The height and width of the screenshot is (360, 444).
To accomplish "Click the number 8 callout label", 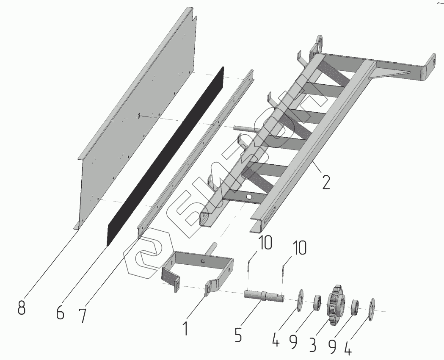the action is click(22, 307).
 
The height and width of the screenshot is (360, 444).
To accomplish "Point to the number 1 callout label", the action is click(185, 328).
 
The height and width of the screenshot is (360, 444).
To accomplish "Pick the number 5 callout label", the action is click(238, 335).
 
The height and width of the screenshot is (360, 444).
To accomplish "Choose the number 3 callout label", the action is click(312, 344).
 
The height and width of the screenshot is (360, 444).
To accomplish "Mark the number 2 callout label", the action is click(326, 183).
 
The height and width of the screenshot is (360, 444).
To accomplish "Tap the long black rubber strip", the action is click(165, 156).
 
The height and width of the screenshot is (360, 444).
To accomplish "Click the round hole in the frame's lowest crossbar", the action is click(249, 197).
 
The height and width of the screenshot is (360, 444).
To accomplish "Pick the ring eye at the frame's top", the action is click(319, 43).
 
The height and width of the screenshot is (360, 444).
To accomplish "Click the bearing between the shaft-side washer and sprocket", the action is click(317, 302).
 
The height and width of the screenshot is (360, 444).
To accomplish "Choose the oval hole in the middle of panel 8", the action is click(139, 116).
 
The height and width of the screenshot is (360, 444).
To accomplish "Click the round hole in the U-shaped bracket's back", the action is click(202, 261).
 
